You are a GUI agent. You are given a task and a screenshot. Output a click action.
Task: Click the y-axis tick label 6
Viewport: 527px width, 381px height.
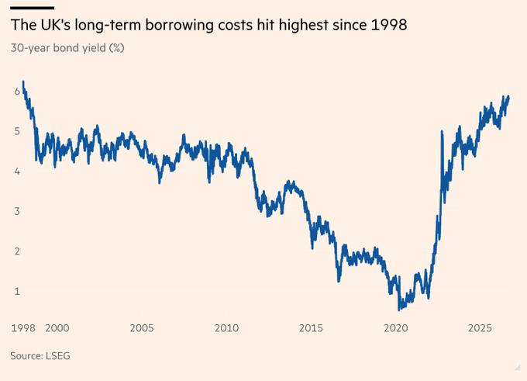(x=17, y=92)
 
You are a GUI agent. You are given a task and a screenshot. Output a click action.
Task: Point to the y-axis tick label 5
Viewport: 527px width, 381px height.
(x=17, y=131)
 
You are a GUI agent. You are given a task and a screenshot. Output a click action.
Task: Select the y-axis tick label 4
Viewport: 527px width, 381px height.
(x=17, y=171)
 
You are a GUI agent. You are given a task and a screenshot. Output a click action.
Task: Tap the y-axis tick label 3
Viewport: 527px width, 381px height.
(x=17, y=211)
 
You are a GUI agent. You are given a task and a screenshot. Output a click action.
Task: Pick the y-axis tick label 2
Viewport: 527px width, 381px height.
(x=17, y=251)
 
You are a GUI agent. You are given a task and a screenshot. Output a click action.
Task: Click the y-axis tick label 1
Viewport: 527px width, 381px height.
(x=17, y=291)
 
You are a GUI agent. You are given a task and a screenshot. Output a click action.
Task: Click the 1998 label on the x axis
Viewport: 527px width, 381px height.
(x=23, y=328)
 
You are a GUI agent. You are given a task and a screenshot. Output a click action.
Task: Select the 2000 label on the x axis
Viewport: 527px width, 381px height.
(x=57, y=328)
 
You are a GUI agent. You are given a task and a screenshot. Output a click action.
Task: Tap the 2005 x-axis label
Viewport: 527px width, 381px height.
(x=142, y=328)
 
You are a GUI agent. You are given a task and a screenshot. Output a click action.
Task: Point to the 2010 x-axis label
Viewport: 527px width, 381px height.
(x=226, y=328)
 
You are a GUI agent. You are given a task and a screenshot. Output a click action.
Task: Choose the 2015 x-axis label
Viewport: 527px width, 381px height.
(x=311, y=328)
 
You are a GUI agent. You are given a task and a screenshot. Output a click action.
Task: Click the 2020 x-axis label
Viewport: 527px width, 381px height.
(x=396, y=328)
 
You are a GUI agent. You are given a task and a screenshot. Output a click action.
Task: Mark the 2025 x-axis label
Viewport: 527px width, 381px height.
(x=480, y=328)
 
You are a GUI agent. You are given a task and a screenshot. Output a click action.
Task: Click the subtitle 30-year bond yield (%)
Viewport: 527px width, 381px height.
(x=67, y=48)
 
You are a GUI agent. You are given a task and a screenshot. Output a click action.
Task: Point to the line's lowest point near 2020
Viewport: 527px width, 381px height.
(x=399, y=309)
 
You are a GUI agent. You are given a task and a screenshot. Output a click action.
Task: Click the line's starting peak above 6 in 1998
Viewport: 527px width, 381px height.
(x=23, y=82)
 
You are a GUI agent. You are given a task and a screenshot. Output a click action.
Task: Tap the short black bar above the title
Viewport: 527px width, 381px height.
(x=33, y=8)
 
